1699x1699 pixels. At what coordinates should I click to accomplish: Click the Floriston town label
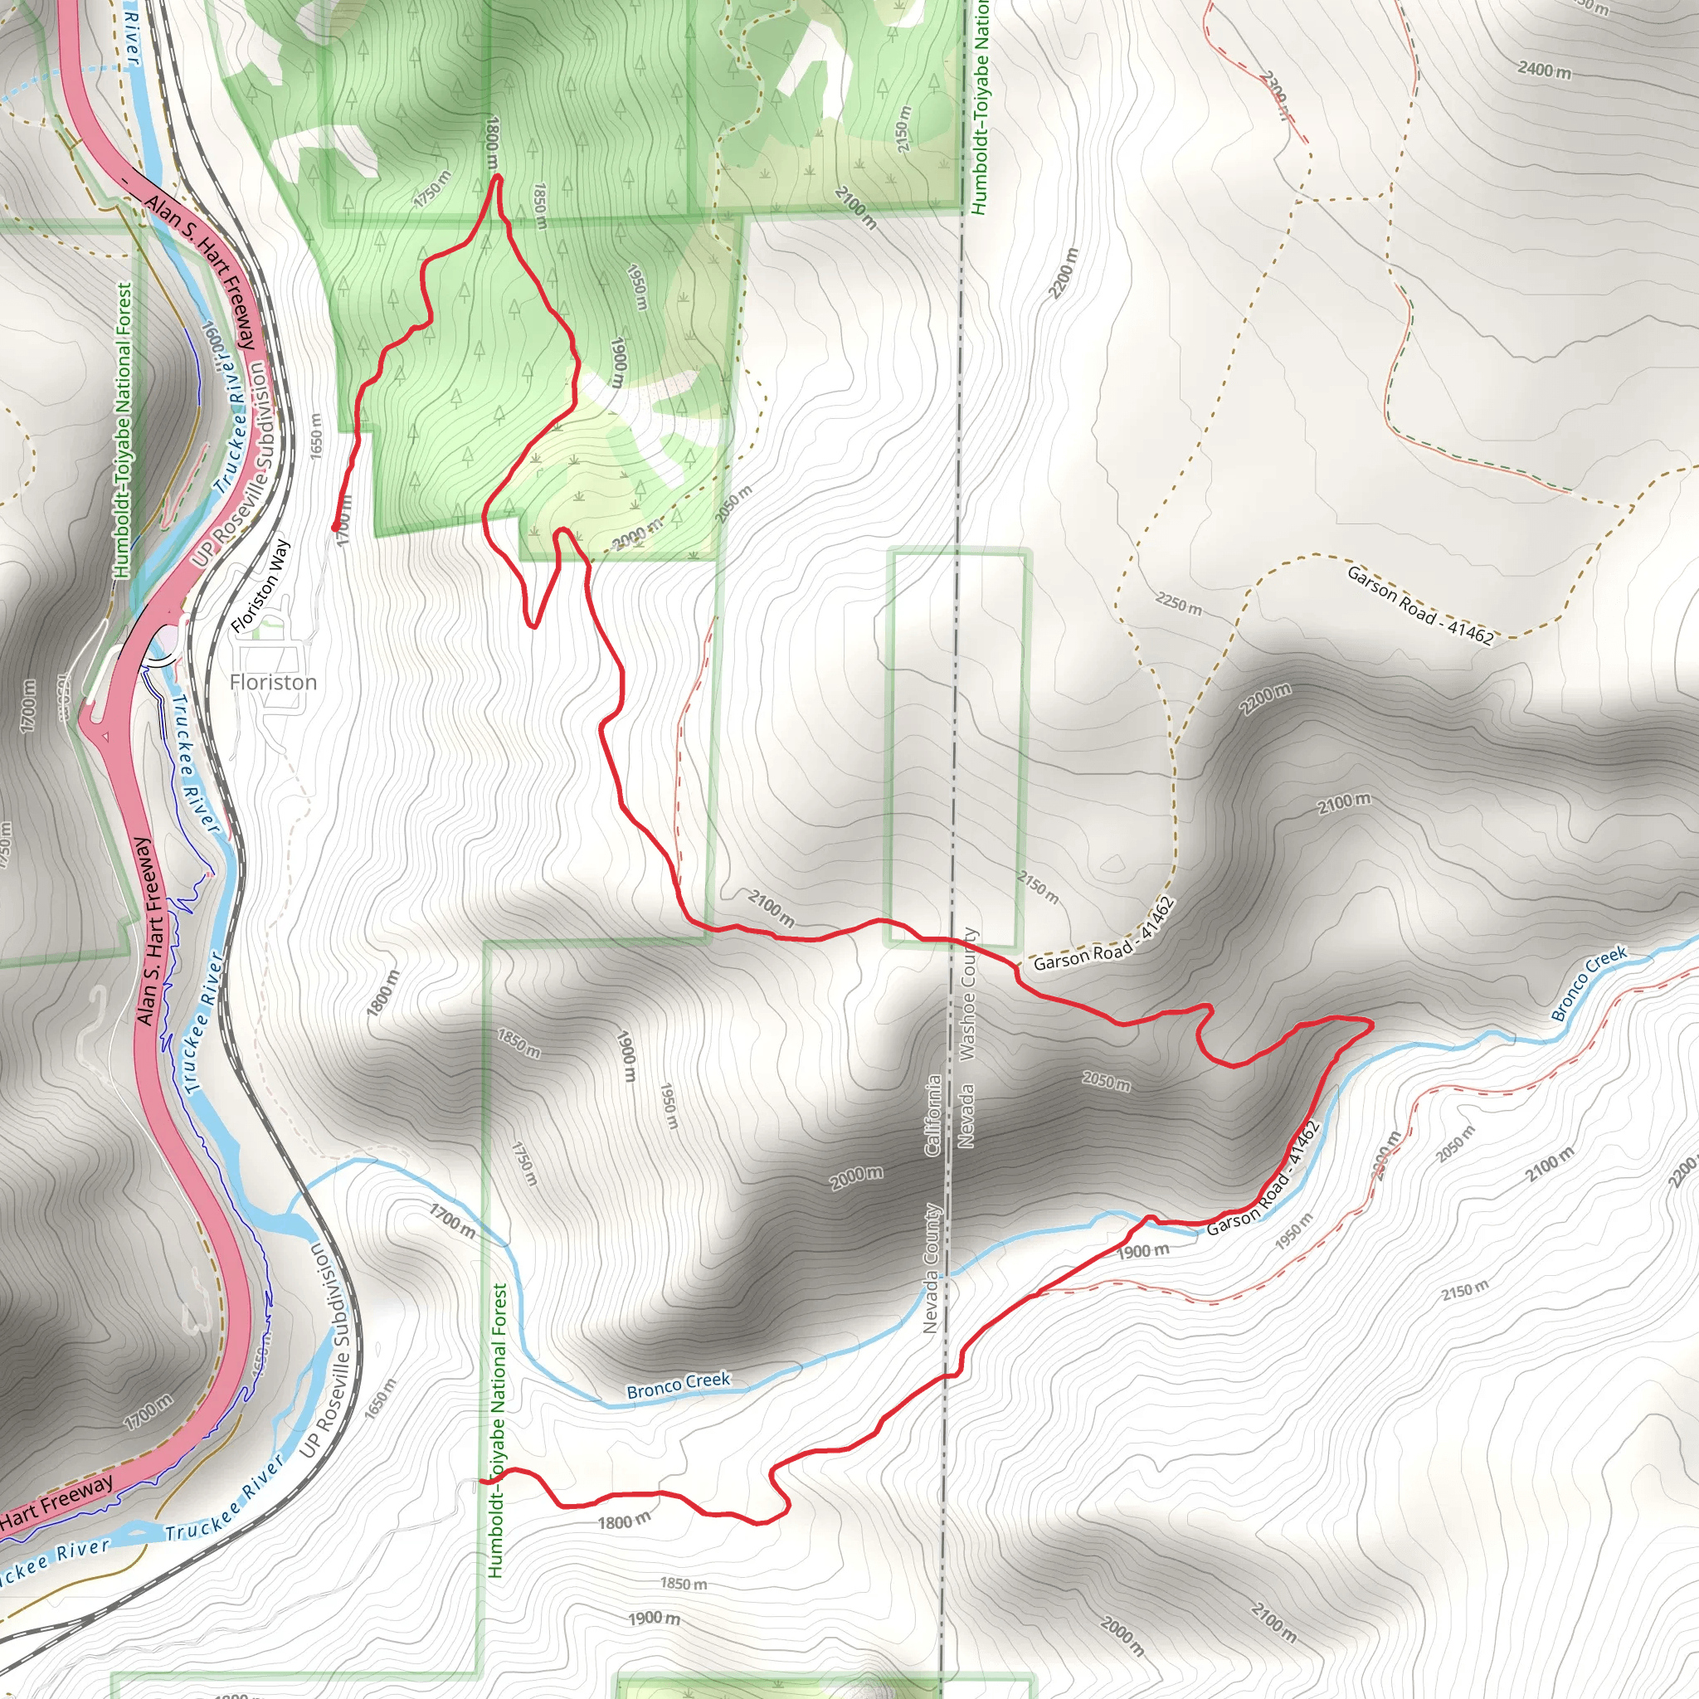click(x=273, y=683)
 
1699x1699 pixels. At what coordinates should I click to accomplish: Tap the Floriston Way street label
click(x=260, y=586)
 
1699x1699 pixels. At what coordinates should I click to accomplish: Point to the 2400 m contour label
click(x=1544, y=69)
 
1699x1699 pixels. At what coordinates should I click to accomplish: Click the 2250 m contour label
click(x=1178, y=604)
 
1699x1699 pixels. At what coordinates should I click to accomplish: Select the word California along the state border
click(x=933, y=1114)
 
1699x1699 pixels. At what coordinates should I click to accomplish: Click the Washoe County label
click(x=968, y=994)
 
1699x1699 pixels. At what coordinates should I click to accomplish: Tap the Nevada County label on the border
click(x=932, y=1268)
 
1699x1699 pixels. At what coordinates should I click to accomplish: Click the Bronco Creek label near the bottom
click(x=678, y=1385)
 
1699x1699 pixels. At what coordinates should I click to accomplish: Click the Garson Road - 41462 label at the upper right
click(x=1419, y=605)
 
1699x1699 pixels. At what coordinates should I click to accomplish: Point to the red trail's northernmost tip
click(x=498, y=177)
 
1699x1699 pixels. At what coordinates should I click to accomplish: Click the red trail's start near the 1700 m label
click(x=335, y=528)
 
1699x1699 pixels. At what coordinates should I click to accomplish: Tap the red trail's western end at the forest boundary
click(x=482, y=1482)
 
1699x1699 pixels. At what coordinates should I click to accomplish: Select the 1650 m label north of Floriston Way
click(x=316, y=435)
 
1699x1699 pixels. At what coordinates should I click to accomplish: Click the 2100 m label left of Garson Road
click(x=772, y=908)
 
